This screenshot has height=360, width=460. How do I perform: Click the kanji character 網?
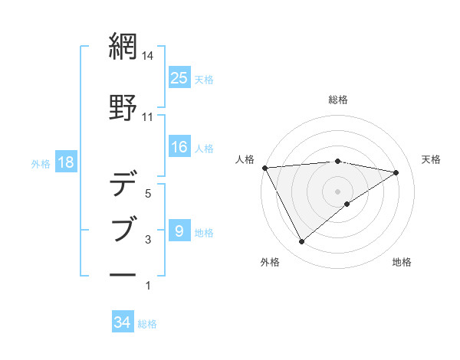coord(123,47)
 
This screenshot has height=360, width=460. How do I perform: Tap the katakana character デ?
coord(123,185)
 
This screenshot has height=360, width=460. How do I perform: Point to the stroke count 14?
coord(148,56)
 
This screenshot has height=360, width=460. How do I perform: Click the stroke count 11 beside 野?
coord(148,117)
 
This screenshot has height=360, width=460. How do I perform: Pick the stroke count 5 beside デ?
coord(148,194)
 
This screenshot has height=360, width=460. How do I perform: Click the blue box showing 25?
coord(179,77)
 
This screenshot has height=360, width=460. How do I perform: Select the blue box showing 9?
coord(179,231)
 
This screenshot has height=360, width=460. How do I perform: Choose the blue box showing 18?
coord(65,162)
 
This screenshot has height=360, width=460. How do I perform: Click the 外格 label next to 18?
coord(41,163)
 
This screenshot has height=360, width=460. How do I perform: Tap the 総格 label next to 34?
coord(147,323)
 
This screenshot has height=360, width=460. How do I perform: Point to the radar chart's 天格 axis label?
coord(431,159)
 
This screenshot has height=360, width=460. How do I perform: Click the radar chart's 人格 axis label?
coord(245,159)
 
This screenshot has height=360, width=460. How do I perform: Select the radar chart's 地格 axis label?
coord(402,262)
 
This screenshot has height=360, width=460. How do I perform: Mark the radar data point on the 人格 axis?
coord(264,168)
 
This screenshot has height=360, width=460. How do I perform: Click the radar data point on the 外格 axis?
coord(301,242)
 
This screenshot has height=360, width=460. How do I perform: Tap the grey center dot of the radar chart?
coord(337,191)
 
